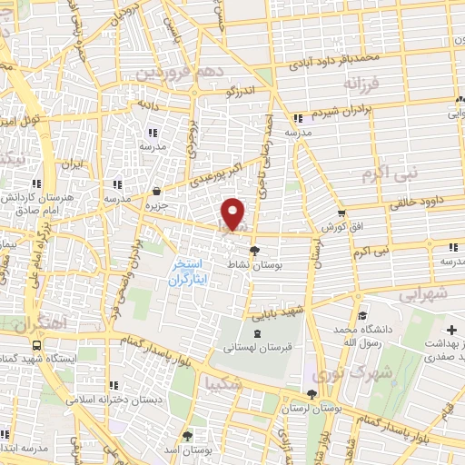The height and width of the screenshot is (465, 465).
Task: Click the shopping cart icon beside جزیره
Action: [x=158, y=192]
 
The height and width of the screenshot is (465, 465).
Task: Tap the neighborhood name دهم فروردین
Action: [x=173, y=70]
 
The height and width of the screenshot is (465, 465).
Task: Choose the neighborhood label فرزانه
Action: [x=361, y=84]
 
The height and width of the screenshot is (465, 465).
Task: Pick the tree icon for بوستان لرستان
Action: [x=312, y=394]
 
